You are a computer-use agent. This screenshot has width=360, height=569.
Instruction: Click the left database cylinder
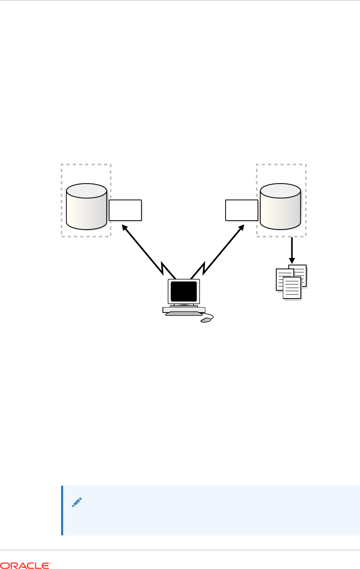86,209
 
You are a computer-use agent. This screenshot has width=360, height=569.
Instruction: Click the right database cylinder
281,209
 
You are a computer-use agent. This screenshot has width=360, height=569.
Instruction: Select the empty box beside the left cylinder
125,210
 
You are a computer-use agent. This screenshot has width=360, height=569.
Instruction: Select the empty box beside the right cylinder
242,210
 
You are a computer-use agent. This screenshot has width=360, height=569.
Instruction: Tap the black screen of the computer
184,291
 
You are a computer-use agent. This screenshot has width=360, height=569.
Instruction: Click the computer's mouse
205,320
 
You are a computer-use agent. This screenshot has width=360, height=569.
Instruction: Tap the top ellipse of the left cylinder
86,190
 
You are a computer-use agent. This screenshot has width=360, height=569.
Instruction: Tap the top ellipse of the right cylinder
281,190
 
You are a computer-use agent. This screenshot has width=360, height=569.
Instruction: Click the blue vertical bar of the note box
62,511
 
